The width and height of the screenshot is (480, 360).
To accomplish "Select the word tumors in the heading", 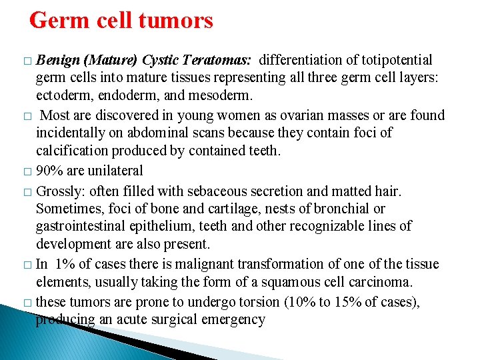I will pos(177,21).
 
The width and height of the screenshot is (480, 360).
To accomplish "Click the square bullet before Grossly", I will pos(27,193).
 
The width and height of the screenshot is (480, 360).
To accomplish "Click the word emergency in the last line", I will pos(236,319).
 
